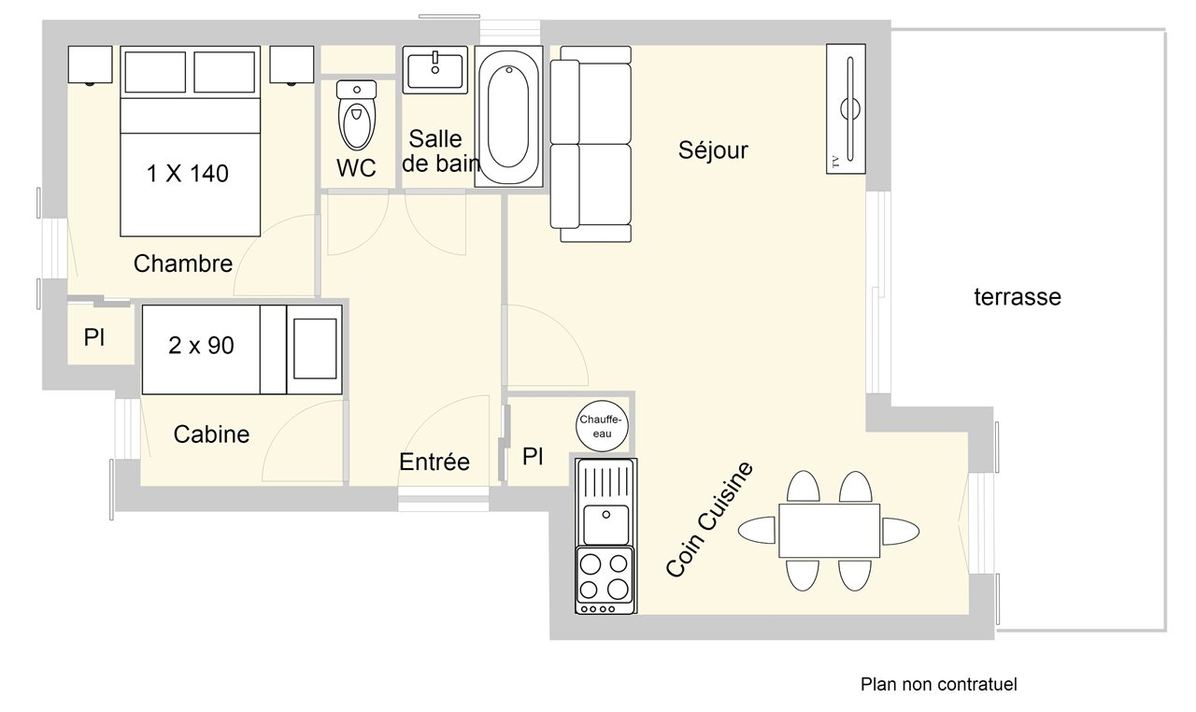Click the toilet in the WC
(357, 115)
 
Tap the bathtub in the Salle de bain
(508, 117)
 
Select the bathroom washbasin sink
(435, 70)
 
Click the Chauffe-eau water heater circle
(602, 426)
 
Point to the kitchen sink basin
(606, 524)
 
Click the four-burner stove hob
(605, 579)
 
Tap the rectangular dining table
(829, 531)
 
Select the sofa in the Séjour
(591, 144)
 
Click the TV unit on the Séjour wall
(846, 109)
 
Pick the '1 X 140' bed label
(188, 174)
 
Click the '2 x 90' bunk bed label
(201, 346)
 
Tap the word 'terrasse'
(1018, 297)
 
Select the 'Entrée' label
(434, 462)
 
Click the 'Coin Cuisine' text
(709, 520)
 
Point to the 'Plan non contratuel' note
(939, 684)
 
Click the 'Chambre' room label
(183, 263)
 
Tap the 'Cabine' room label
(211, 434)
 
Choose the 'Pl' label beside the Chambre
(94, 337)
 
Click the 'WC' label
(356, 168)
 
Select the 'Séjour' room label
(713, 150)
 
